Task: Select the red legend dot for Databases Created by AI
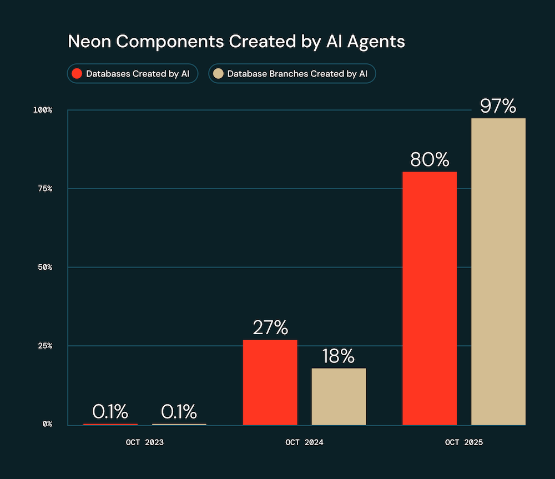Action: pyautogui.click(x=77, y=74)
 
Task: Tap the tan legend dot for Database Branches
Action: pyautogui.click(x=218, y=74)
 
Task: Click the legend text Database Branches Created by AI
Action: pyautogui.click(x=298, y=74)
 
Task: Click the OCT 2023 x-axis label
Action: pyautogui.click(x=145, y=443)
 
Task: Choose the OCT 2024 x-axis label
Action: pyautogui.click(x=304, y=443)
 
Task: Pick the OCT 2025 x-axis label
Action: pyautogui.click(x=464, y=443)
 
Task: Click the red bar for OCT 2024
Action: pyautogui.click(x=270, y=382)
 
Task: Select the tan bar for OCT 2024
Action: pyautogui.click(x=339, y=397)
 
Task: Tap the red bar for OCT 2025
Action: pyautogui.click(x=430, y=299)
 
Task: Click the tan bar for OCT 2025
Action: pyautogui.click(x=498, y=272)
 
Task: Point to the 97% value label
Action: pyautogui.click(x=498, y=106)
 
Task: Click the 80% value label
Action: pyautogui.click(x=430, y=160)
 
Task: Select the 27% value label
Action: pyautogui.click(x=270, y=327)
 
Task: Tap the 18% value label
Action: pyautogui.click(x=339, y=356)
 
